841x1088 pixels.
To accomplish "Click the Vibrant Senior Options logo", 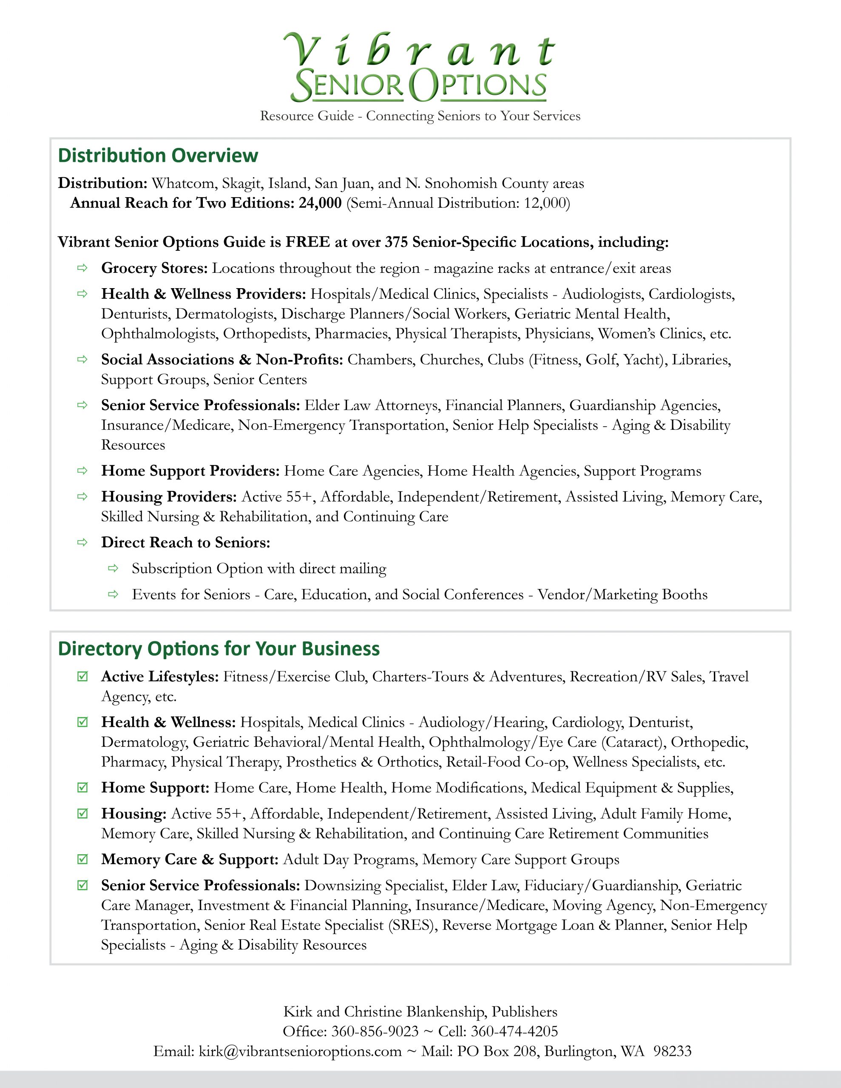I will (419, 67).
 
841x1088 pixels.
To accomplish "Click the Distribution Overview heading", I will (158, 156).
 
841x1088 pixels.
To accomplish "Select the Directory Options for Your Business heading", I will (219, 649).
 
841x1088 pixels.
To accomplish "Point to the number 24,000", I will (320, 203).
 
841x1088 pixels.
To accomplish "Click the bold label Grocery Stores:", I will (154, 268).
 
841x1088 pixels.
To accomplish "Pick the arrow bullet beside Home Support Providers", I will (82, 470).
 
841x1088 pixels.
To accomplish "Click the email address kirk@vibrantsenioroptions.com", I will (300, 1051).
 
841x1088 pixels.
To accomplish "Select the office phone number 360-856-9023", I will (375, 1031).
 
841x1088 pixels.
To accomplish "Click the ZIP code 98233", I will (673, 1051).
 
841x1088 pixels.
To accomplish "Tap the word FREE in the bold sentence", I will (307, 242).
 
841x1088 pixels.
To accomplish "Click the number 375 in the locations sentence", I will (396, 242).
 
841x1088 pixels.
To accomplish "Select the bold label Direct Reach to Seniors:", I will (185, 542).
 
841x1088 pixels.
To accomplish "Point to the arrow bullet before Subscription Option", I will (113, 568).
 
